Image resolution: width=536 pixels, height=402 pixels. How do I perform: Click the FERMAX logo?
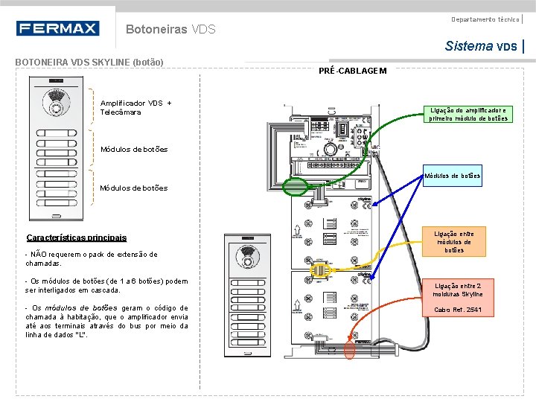tap(57, 29)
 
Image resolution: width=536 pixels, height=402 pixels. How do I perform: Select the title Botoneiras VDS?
tap(170, 30)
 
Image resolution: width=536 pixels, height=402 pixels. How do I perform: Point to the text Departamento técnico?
tap(485, 19)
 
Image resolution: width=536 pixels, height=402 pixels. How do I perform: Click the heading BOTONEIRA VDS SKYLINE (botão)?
tap(89, 62)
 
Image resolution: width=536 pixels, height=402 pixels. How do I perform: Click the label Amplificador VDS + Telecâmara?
tap(135, 107)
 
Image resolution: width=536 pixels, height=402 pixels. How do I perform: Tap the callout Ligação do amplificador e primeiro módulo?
tap(468, 114)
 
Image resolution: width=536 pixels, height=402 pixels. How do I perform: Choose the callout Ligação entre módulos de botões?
tap(454, 242)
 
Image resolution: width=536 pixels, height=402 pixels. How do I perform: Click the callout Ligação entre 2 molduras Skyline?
tap(459, 290)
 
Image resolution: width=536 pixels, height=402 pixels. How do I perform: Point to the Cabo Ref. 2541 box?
tap(459, 310)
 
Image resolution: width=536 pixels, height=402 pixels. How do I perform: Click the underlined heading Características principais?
tap(76, 238)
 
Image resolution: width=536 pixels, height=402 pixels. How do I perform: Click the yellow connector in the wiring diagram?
tap(319, 269)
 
